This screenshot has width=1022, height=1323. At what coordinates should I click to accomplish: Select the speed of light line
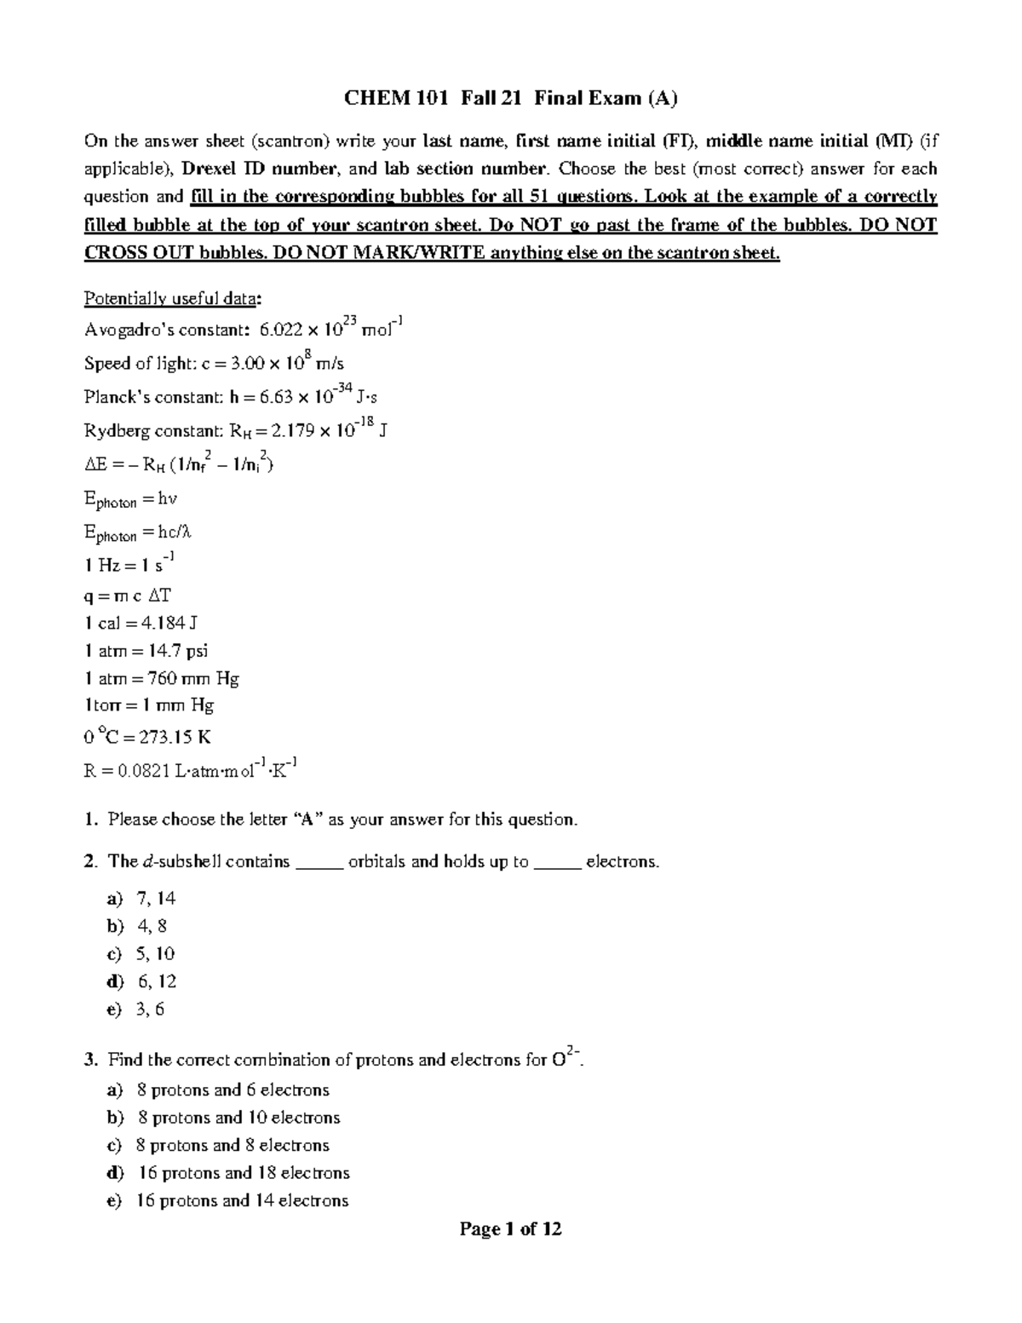tap(214, 363)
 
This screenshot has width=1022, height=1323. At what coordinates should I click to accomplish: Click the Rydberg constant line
tap(236, 430)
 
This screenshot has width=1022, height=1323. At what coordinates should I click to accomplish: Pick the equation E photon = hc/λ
tap(138, 533)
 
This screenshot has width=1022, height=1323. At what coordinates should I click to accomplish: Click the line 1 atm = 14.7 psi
tap(146, 651)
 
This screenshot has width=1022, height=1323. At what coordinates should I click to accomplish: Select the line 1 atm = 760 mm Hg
tap(161, 679)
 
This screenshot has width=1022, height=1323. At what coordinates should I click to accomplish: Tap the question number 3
tap(90, 1061)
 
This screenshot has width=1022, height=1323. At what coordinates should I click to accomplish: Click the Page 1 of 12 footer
tap(510, 1228)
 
